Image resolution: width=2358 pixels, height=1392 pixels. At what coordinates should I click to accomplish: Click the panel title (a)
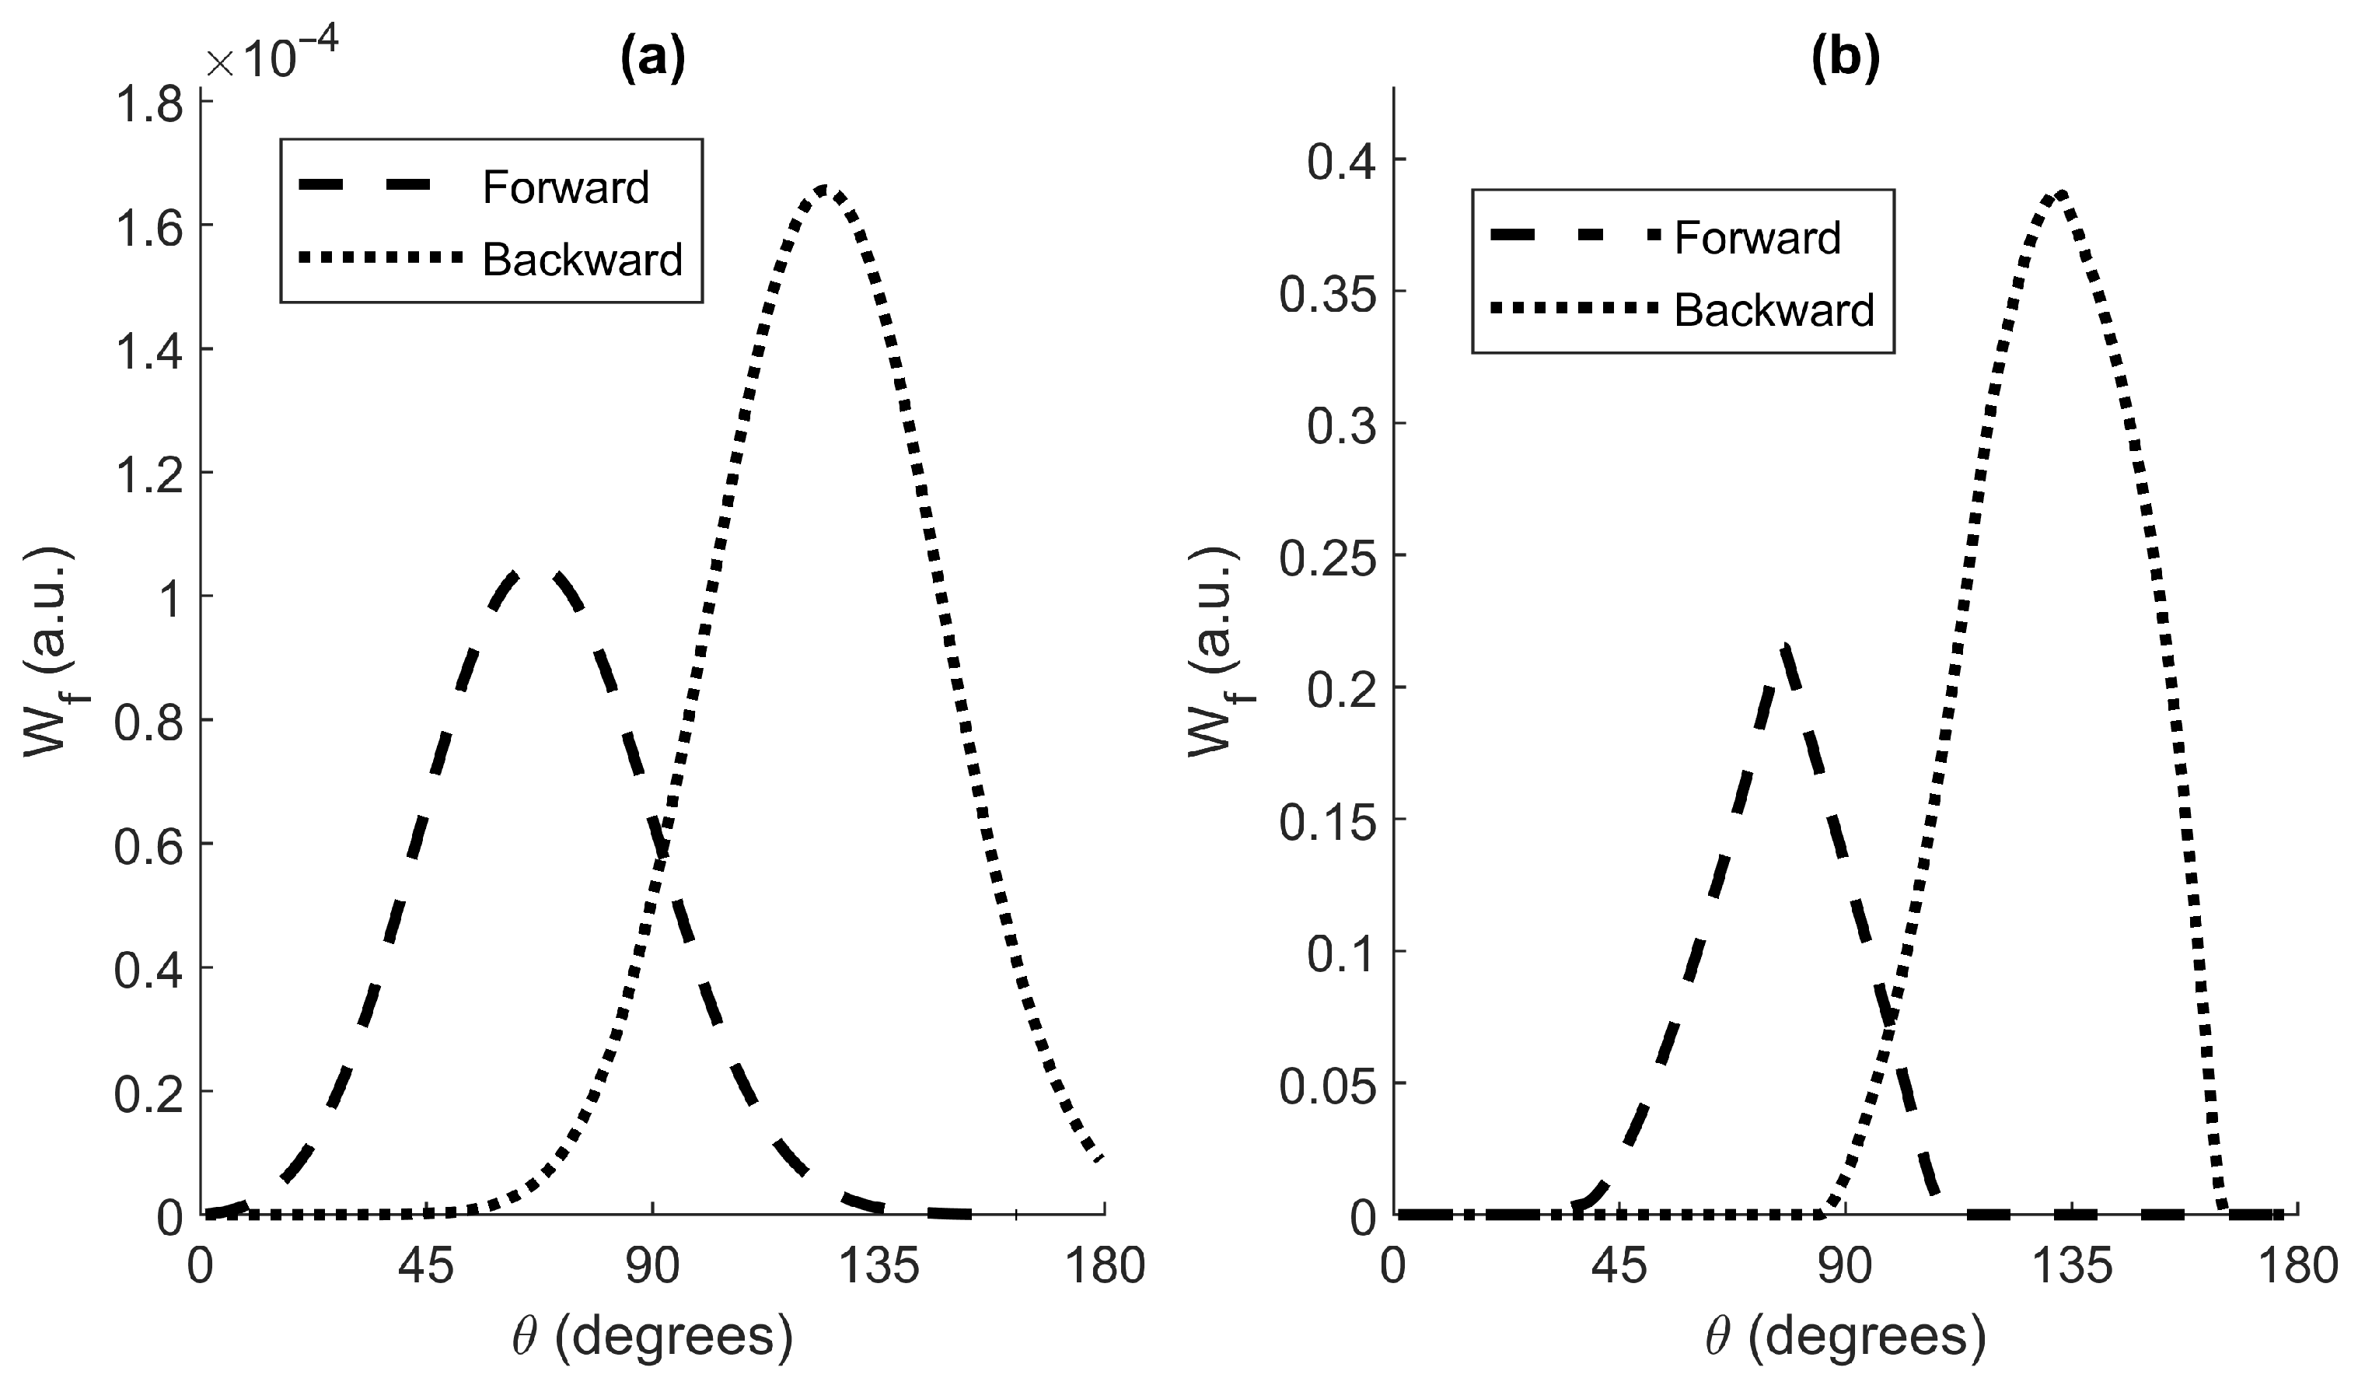[x=652, y=58]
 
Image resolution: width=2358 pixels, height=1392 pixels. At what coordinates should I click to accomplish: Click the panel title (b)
[x=1845, y=58]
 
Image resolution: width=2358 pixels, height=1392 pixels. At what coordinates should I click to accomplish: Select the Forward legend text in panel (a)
[x=565, y=187]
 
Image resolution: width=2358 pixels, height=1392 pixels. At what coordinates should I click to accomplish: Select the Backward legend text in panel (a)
[x=582, y=260]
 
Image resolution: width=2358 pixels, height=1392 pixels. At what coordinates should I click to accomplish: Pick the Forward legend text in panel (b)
[x=1757, y=238]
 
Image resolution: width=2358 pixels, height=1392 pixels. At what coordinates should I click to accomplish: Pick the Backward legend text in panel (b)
[x=1774, y=310]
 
